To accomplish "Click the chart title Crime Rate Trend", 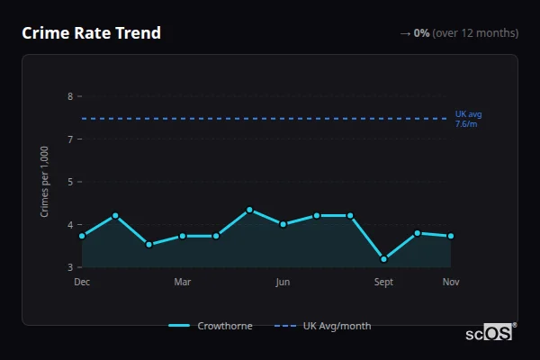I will (x=92, y=33).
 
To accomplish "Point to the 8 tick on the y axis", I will (x=69, y=96).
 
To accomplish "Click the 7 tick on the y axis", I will (x=69, y=139).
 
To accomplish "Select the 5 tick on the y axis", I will (x=69, y=182).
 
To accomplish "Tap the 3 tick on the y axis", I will (x=69, y=267).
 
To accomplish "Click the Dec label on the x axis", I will (x=82, y=282).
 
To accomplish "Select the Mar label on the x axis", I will (x=182, y=282).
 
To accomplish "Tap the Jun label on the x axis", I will (x=283, y=282).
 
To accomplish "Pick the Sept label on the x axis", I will (x=383, y=282).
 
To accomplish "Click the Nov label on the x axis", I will (x=451, y=282).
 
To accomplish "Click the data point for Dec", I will (x=82, y=236).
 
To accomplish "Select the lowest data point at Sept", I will (x=384, y=259).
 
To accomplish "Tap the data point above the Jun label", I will (x=283, y=224).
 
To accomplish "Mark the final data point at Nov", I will (x=451, y=236).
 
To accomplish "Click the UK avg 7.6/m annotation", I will (x=469, y=119).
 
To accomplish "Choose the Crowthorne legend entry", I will (x=211, y=326).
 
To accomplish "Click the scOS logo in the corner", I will (x=490, y=333).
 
